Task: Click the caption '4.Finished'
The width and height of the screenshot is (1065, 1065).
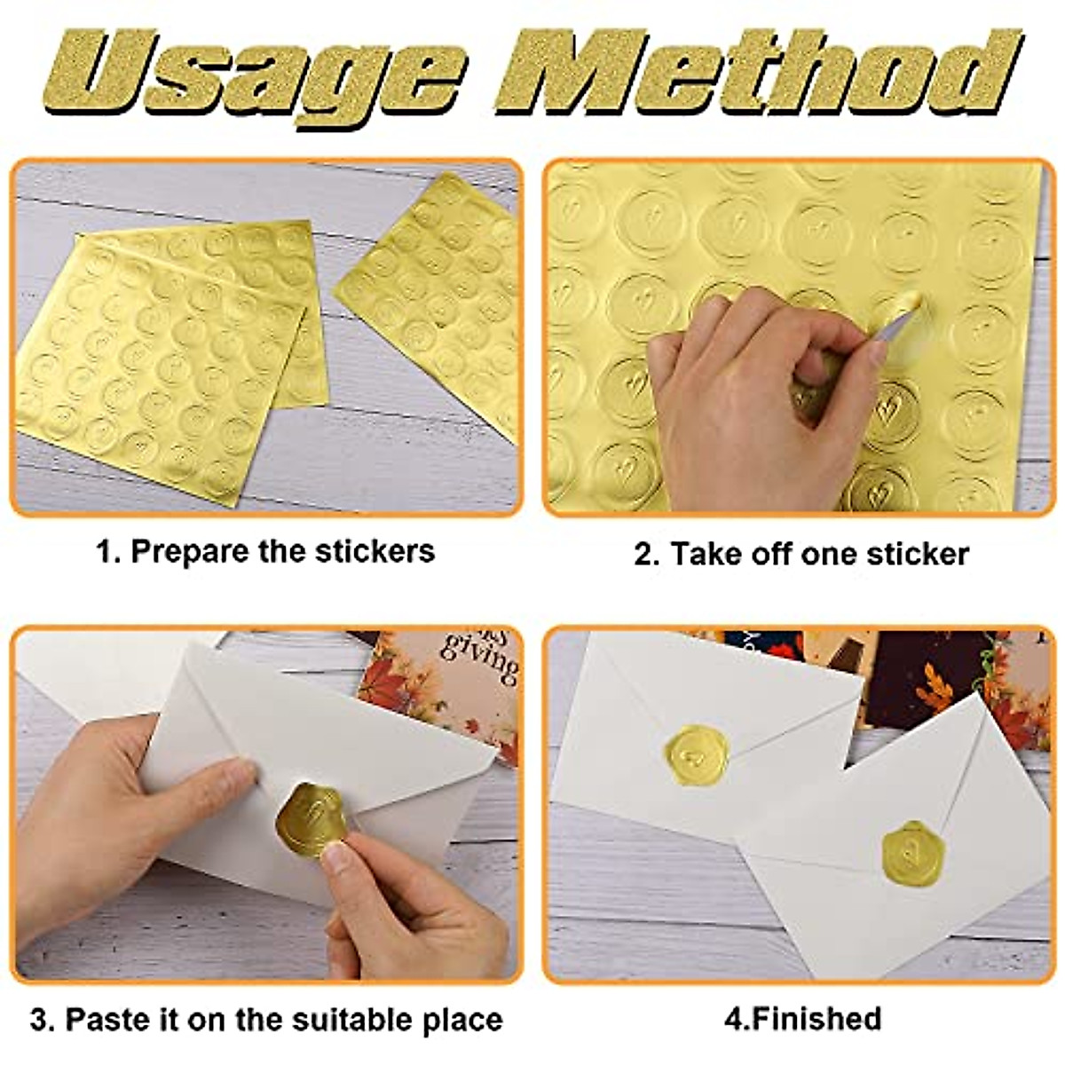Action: (x=802, y=1018)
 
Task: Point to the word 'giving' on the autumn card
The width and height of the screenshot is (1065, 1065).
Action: (x=485, y=661)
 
